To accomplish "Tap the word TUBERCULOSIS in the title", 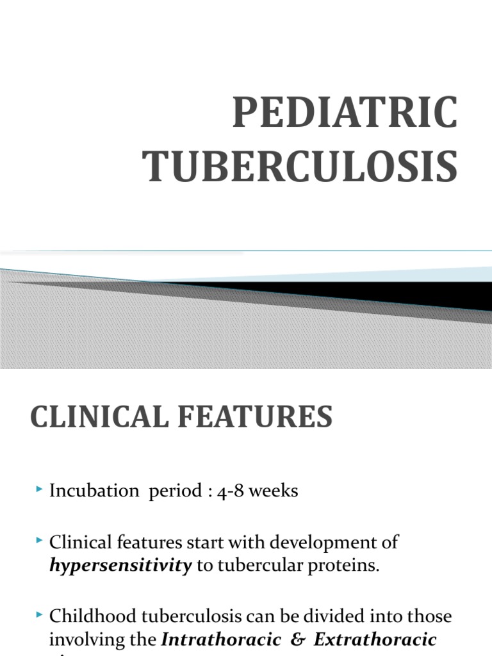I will click(300, 165).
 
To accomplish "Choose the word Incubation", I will click(94, 491).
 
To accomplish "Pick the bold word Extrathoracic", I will click(375, 639).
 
